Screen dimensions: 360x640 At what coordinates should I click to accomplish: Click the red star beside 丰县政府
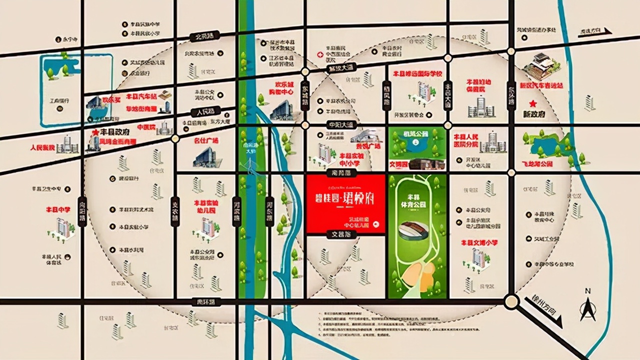click(95, 132)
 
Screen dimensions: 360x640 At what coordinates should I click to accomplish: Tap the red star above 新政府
click(533, 103)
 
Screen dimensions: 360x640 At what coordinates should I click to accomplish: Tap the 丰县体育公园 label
click(416, 200)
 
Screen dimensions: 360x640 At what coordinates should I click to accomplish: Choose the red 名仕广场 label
click(206, 141)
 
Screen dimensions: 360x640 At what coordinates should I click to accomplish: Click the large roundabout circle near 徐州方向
click(511, 301)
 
